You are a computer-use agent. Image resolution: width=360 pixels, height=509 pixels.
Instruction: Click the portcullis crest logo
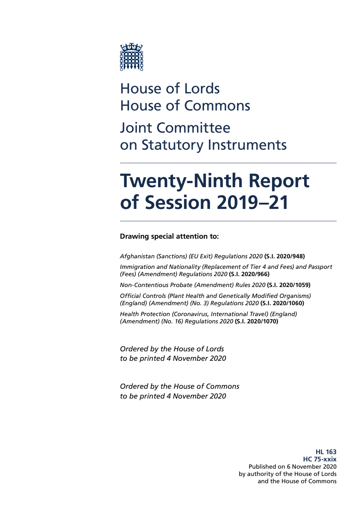pyautogui.click(x=132, y=57)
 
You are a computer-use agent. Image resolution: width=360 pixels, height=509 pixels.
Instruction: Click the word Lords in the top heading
pyautogui.click(x=202, y=89)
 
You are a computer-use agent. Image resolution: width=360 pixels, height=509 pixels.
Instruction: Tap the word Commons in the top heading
pyautogui.click(x=217, y=106)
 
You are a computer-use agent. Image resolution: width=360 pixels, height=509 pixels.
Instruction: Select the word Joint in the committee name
pyautogui.click(x=136, y=128)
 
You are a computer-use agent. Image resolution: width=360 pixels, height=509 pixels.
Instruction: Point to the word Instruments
pyautogui.click(x=247, y=145)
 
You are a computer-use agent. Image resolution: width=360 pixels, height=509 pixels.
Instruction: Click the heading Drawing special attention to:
pyautogui.click(x=169, y=237)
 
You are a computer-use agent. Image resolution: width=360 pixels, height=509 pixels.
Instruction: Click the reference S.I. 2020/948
pyautogui.click(x=284, y=256)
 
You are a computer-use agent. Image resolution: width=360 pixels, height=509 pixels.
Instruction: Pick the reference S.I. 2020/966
pyautogui.click(x=249, y=274)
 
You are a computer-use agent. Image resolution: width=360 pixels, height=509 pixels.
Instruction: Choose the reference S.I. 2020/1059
pyautogui.click(x=289, y=285)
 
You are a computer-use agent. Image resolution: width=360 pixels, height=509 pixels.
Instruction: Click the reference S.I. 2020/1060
pyautogui.click(x=282, y=303)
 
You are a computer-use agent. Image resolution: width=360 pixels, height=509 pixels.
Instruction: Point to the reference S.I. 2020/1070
pyautogui.click(x=256, y=322)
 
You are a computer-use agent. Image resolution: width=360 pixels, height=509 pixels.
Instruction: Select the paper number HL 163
pyautogui.click(x=326, y=452)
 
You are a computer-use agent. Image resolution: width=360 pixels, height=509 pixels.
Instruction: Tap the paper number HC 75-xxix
pyautogui.click(x=320, y=459)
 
